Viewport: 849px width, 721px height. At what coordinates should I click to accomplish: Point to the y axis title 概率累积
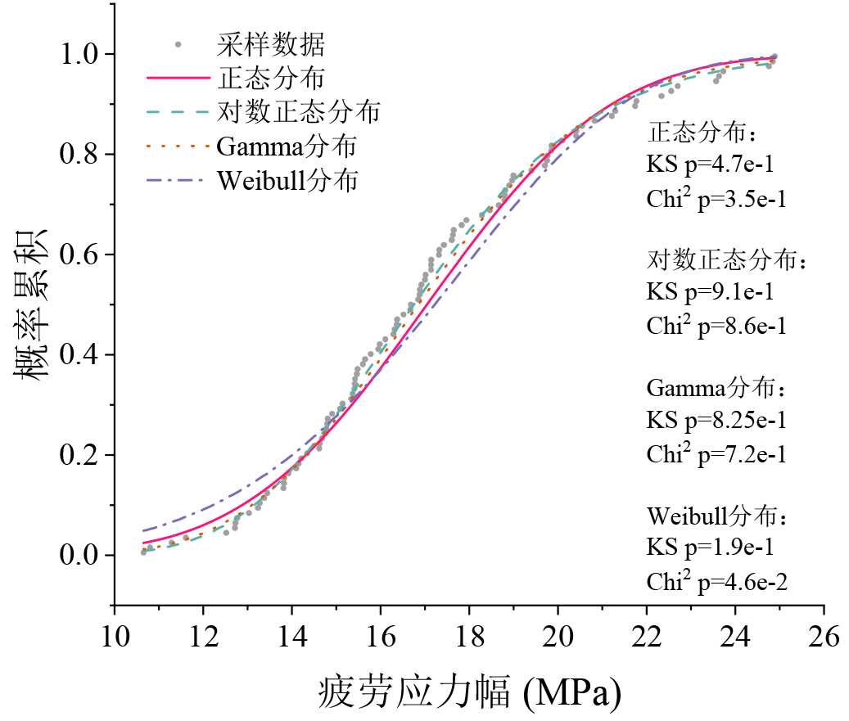pyautogui.click(x=30, y=304)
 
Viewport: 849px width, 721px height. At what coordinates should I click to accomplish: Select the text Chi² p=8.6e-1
pyautogui.click(x=716, y=325)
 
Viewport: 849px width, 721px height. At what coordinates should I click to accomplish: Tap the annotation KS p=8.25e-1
pyautogui.click(x=716, y=421)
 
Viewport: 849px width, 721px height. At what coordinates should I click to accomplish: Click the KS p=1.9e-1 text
pyautogui.click(x=709, y=549)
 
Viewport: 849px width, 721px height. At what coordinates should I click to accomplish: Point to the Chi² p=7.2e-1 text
pyautogui.click(x=716, y=453)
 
